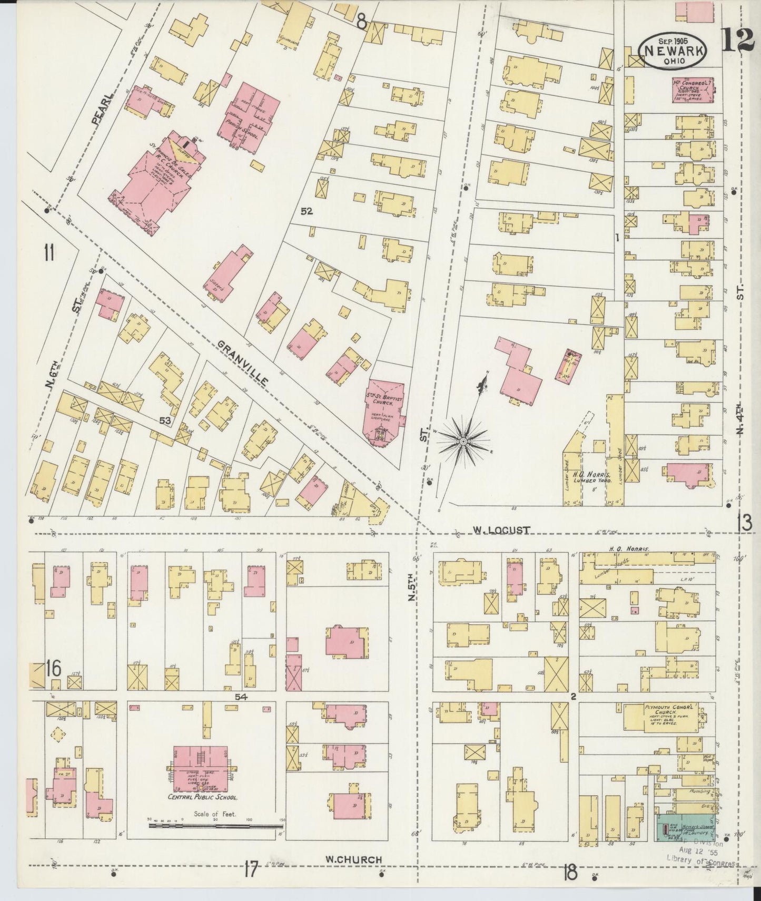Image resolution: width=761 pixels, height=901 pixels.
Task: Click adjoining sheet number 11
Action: [x=48, y=253]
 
